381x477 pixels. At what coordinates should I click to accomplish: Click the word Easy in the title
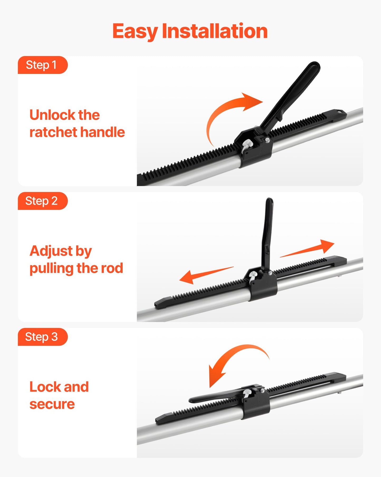135,31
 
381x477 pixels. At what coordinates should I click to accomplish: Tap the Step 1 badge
42,65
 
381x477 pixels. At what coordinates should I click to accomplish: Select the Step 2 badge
42,201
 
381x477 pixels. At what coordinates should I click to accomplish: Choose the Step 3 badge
42,337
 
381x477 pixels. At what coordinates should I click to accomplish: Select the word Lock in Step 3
45,387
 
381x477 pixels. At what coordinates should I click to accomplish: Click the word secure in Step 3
52,404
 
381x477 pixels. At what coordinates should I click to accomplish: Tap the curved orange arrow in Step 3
232,359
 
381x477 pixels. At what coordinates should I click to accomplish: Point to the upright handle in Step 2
267,232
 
